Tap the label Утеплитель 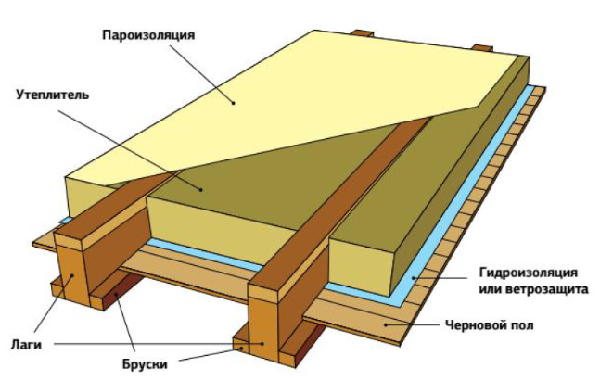(x=53, y=94)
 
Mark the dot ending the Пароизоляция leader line (x=235, y=101)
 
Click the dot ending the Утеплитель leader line (x=202, y=189)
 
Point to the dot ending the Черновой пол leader (x=389, y=325)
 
